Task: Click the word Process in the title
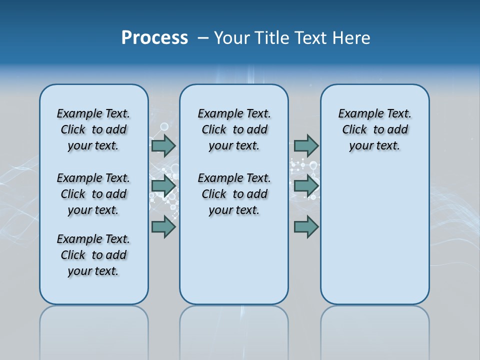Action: (154, 38)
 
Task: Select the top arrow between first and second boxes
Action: (163, 145)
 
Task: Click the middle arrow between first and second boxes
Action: (163, 186)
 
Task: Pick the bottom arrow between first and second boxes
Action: (163, 227)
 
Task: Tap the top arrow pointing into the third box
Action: (306, 145)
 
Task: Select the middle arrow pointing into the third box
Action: (306, 186)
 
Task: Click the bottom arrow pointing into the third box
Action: (306, 227)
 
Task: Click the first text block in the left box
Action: (93, 129)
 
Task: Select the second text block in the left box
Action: (93, 194)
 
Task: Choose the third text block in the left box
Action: (93, 255)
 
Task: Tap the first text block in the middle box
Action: (234, 129)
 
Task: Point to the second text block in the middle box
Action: (234, 194)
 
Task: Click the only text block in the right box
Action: (374, 129)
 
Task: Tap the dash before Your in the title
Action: (203, 38)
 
